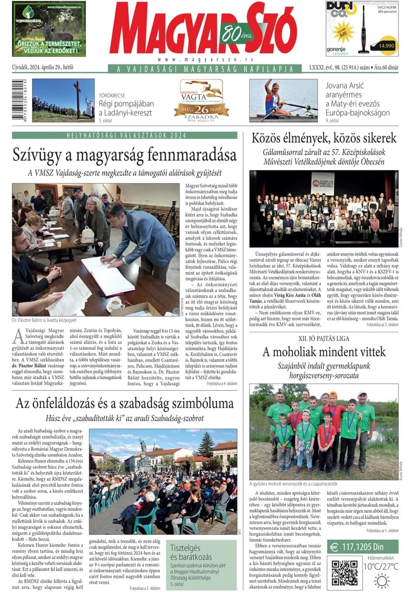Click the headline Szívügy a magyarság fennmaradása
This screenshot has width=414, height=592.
[124, 155]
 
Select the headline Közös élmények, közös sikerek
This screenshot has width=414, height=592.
[324, 138]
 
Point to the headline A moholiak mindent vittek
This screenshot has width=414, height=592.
[323, 352]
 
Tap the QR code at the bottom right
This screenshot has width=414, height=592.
[344, 572]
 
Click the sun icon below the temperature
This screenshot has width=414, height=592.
[381, 581]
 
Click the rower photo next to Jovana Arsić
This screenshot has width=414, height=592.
[283, 100]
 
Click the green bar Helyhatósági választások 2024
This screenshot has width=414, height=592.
[126, 136]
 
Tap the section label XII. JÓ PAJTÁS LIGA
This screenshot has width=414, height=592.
[323, 338]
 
